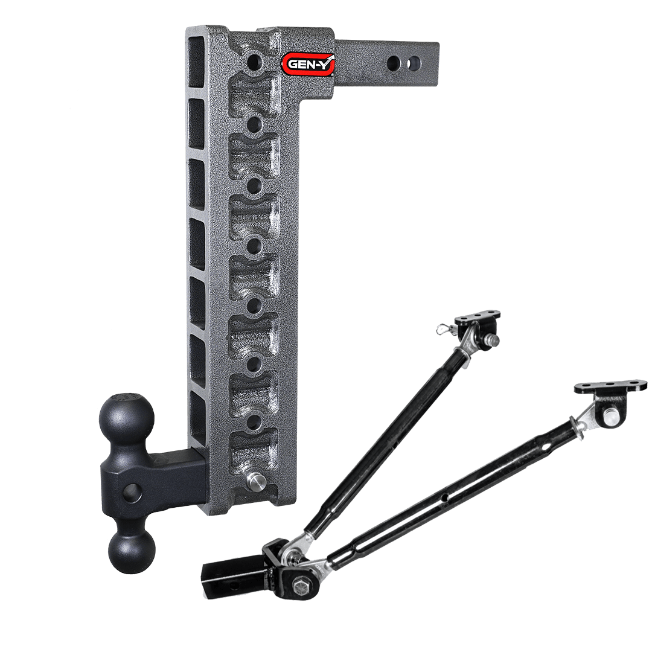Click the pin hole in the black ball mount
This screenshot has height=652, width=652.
pyautogui.click(x=129, y=494)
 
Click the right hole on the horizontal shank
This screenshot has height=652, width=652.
pyautogui.click(x=414, y=62)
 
